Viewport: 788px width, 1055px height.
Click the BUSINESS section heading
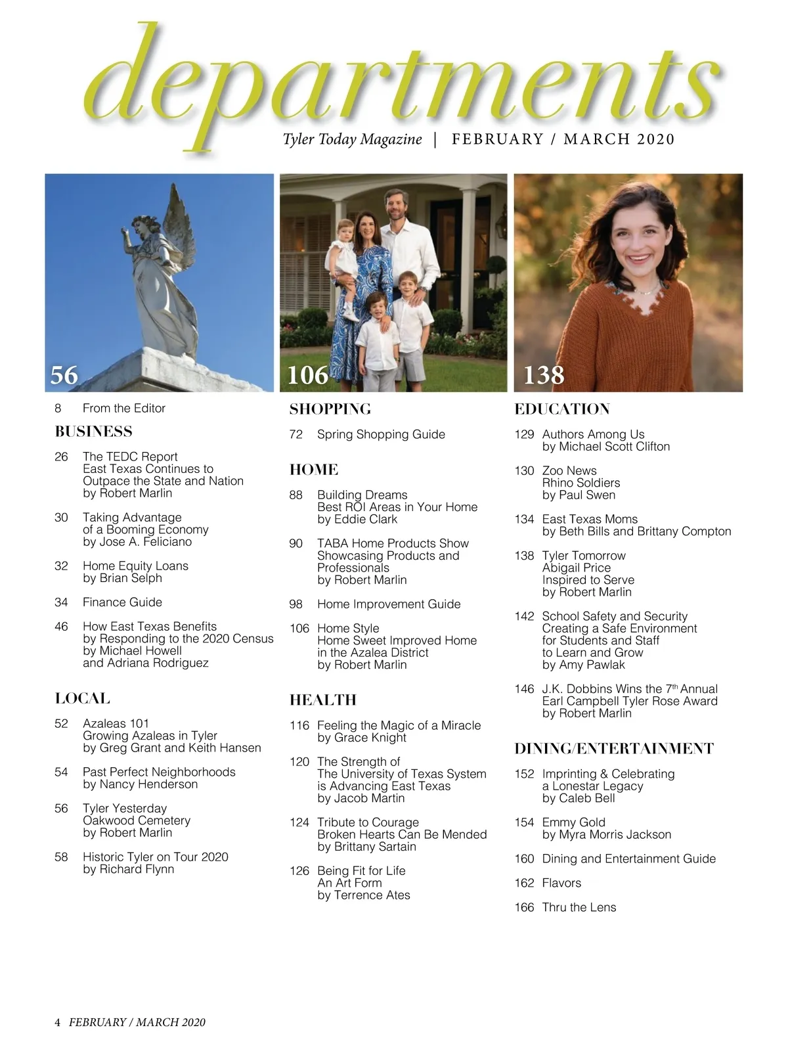pyautogui.click(x=93, y=432)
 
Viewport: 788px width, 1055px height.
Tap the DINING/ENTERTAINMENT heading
pyautogui.click(x=613, y=749)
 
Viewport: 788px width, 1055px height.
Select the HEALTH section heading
pyautogui.click(x=322, y=700)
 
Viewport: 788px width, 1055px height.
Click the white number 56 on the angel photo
pyautogui.click(x=64, y=375)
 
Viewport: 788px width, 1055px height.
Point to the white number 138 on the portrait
pyautogui.click(x=544, y=375)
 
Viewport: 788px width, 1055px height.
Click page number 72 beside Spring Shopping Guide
pyautogui.click(x=296, y=435)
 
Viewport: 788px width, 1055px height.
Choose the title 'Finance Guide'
pyautogui.click(x=122, y=602)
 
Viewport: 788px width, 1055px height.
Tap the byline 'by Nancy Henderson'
pyautogui.click(x=140, y=784)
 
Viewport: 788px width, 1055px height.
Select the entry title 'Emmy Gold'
pyautogui.click(x=573, y=822)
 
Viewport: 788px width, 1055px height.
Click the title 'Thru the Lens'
pyautogui.click(x=579, y=908)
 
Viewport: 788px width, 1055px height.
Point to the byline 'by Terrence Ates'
pyautogui.click(x=363, y=895)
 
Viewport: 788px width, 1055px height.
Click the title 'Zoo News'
pyautogui.click(x=569, y=471)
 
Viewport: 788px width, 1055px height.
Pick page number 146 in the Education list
pyautogui.click(x=524, y=689)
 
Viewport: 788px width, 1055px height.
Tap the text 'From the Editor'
pyautogui.click(x=123, y=409)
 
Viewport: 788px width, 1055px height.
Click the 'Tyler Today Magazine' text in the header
pyautogui.click(x=352, y=139)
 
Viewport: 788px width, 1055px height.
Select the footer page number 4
pyautogui.click(x=57, y=1022)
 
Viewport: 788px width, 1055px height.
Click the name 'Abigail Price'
pyautogui.click(x=576, y=568)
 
